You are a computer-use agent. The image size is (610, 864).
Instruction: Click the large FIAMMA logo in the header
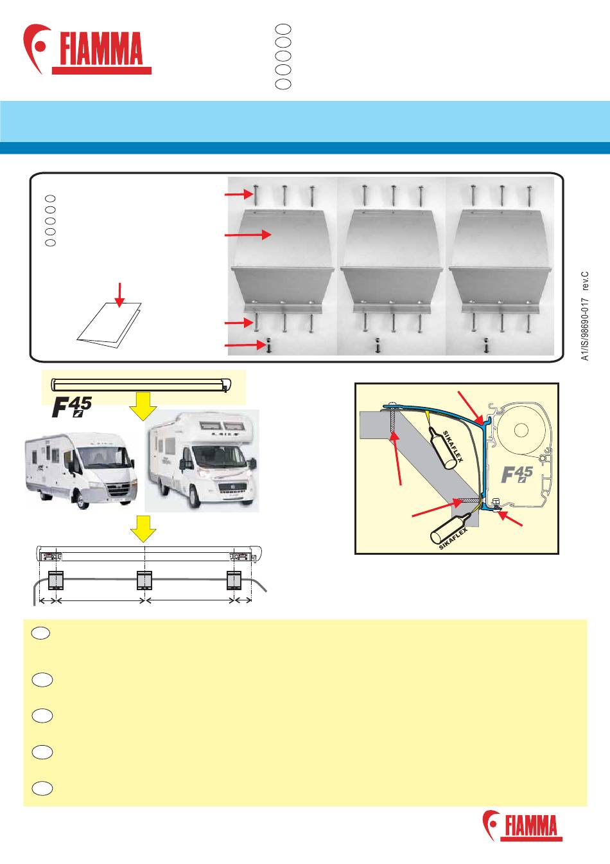click(x=87, y=49)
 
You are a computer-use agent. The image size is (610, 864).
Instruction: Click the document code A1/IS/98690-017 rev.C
click(x=585, y=316)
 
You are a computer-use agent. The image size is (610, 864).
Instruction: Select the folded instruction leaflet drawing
click(x=109, y=325)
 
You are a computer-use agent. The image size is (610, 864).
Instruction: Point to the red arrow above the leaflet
click(x=120, y=295)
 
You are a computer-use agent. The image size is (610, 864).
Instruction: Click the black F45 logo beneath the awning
click(x=72, y=408)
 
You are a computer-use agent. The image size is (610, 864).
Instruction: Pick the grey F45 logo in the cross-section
click(x=517, y=474)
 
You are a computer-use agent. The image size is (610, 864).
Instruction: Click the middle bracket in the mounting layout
click(x=144, y=580)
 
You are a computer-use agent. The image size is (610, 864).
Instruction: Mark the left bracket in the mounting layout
click(x=55, y=580)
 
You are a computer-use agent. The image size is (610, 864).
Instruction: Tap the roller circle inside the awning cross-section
click(x=521, y=430)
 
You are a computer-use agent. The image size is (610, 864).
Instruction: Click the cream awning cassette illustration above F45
click(x=141, y=385)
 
